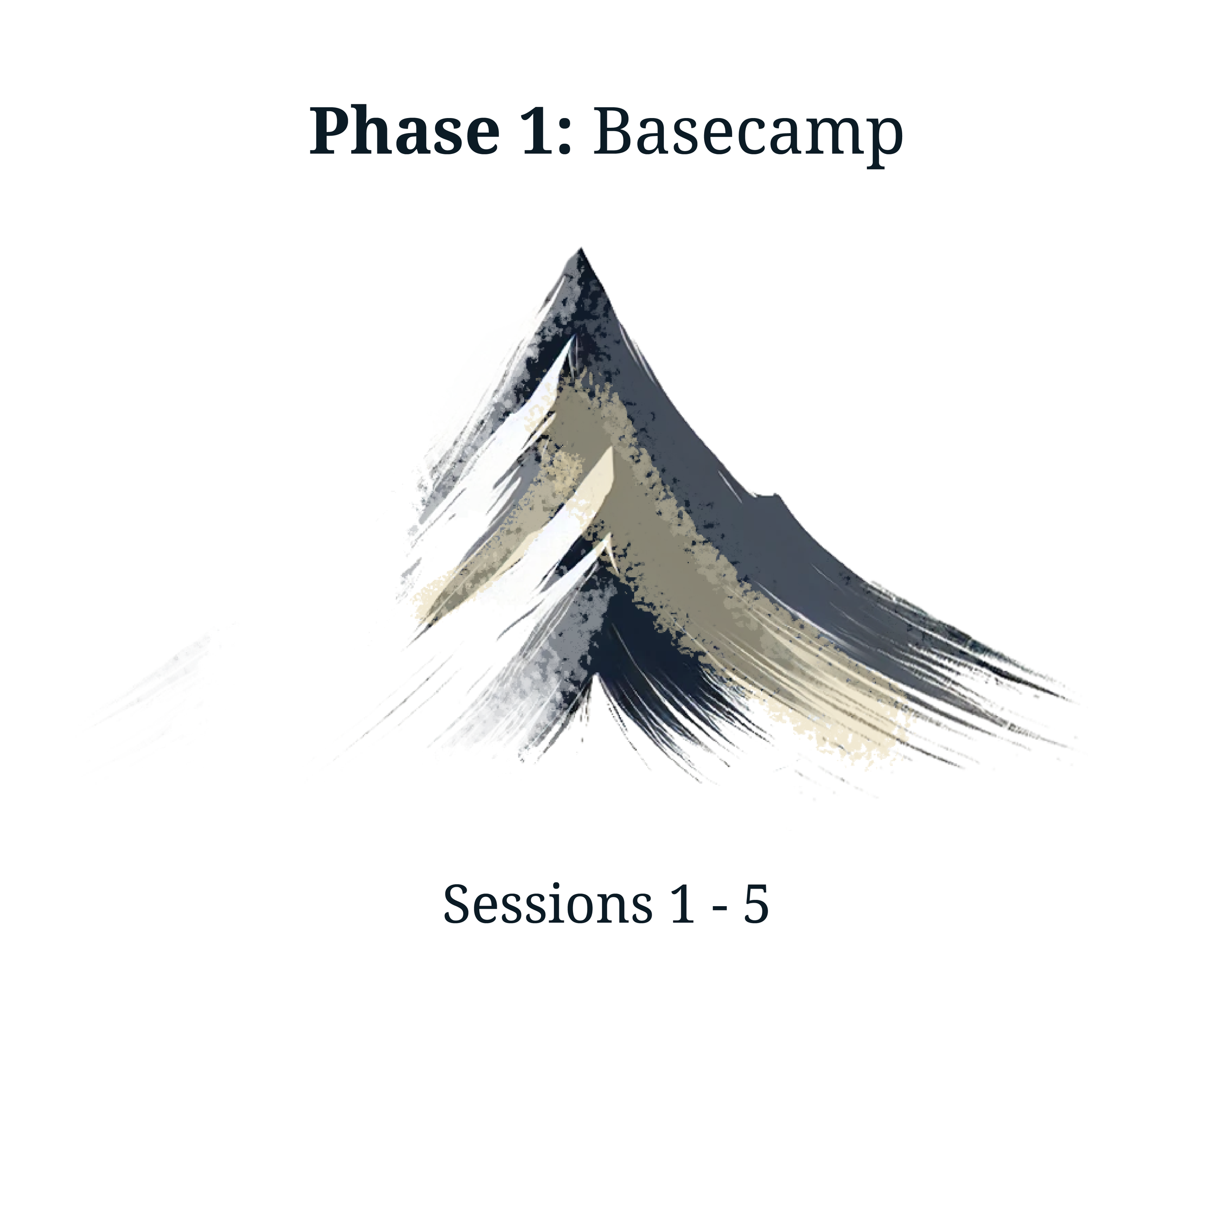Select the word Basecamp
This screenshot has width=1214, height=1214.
(x=747, y=133)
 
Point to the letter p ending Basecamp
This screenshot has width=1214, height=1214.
(x=883, y=141)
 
